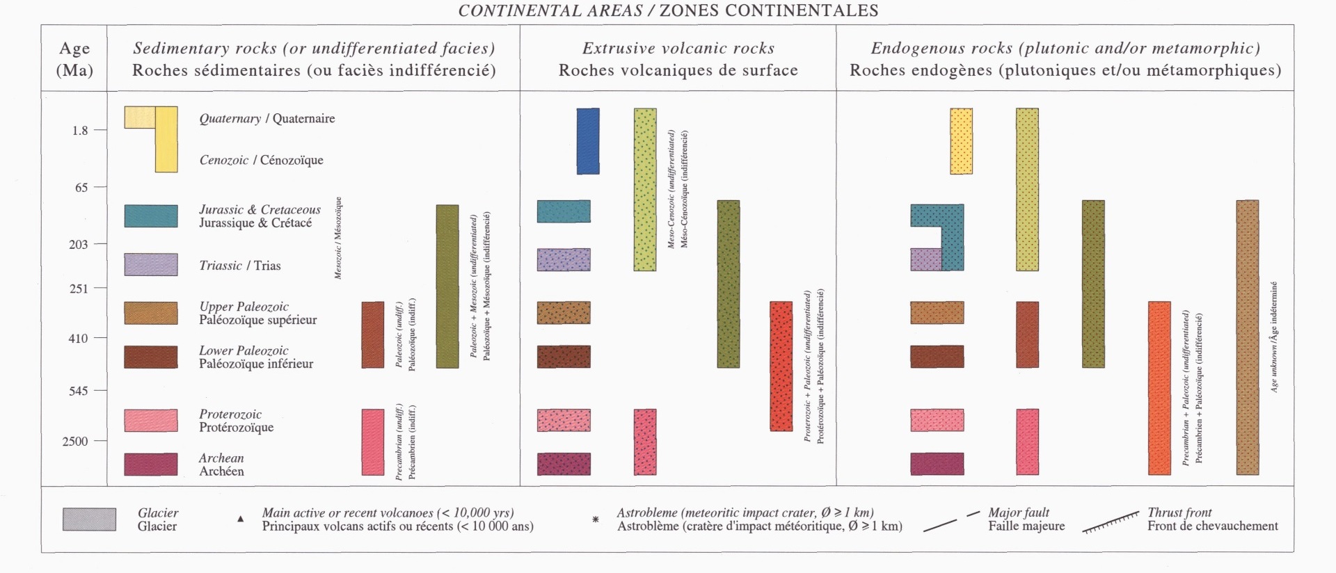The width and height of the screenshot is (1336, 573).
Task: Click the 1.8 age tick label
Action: click(x=80, y=130)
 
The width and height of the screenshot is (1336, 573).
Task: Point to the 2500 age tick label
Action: click(x=75, y=441)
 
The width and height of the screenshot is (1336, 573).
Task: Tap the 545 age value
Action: click(x=79, y=391)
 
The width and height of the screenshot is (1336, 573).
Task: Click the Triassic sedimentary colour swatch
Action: click(x=150, y=265)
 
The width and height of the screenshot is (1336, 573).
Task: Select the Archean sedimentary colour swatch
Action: click(x=150, y=464)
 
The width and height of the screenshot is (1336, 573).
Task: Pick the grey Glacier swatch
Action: click(x=89, y=519)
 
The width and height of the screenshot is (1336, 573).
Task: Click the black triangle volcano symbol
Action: click(x=241, y=519)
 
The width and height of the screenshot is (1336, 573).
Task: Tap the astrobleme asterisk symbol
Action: click(x=596, y=519)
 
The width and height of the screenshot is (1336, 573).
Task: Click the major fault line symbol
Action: click(x=951, y=522)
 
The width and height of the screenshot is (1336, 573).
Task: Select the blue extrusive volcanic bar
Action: click(x=588, y=141)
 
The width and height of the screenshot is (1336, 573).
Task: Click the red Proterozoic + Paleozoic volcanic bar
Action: click(x=781, y=366)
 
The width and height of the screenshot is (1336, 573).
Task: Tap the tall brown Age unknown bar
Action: click(x=1247, y=337)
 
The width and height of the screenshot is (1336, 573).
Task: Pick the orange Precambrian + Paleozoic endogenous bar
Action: click(x=1159, y=388)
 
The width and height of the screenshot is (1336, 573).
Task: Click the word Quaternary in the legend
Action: click(x=230, y=118)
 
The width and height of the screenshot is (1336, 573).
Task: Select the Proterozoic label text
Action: click(x=230, y=414)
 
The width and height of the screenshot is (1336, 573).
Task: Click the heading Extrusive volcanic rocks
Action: click(x=678, y=48)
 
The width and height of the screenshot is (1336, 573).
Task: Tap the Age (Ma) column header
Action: click(x=74, y=59)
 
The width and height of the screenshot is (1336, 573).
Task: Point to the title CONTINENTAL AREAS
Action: click(x=550, y=10)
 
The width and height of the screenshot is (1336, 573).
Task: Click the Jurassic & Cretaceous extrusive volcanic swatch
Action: click(x=564, y=211)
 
